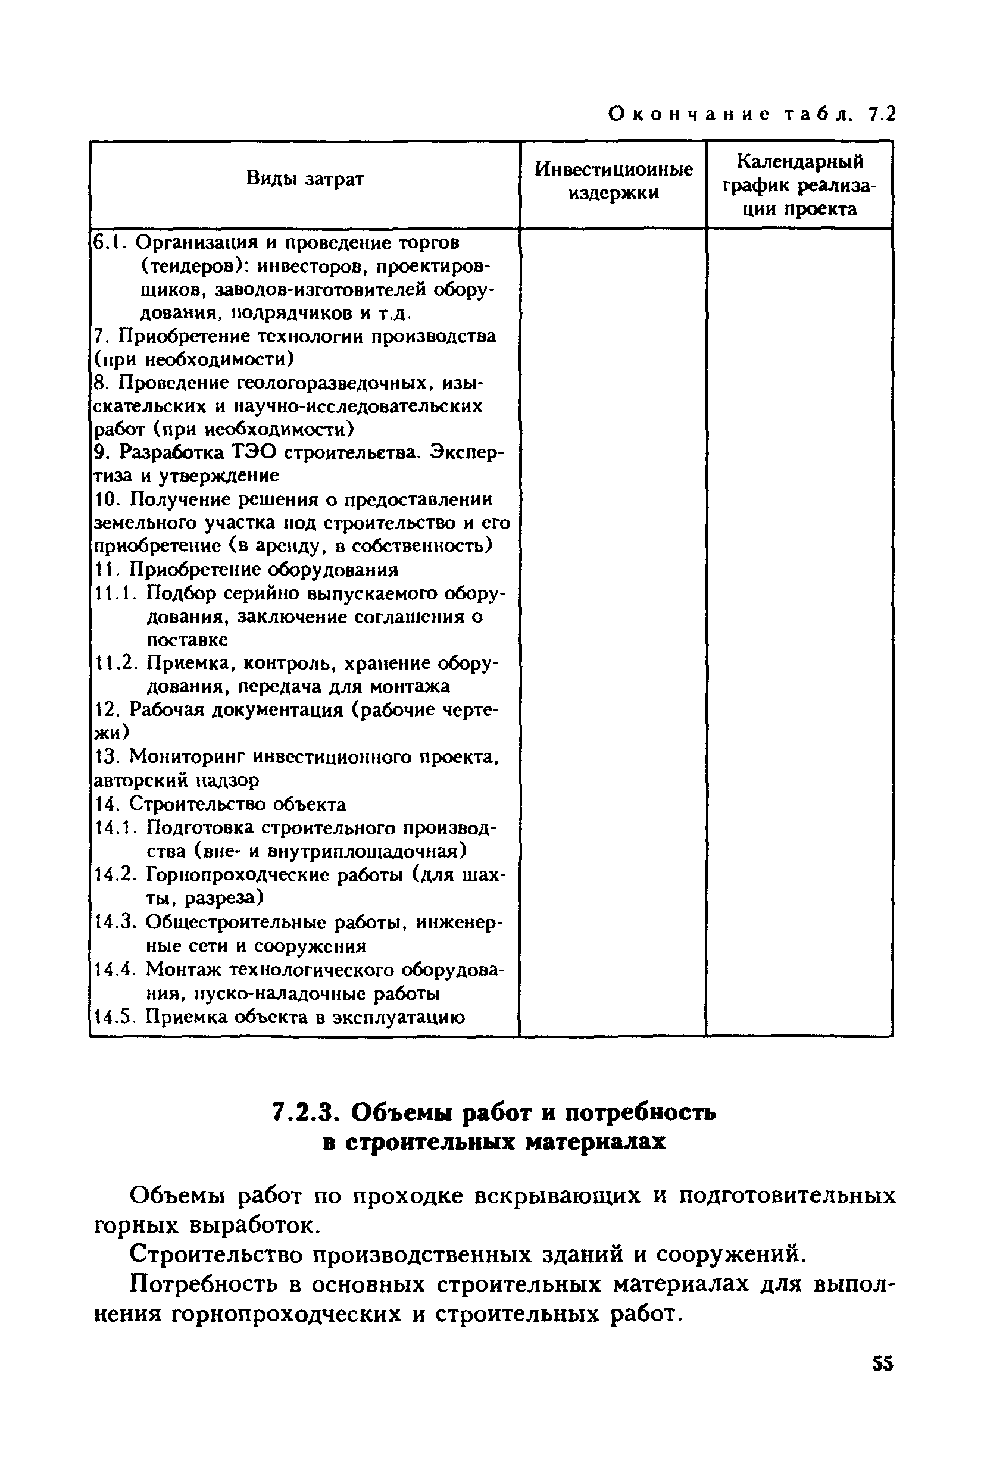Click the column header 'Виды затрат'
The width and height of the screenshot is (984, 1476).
click(x=305, y=179)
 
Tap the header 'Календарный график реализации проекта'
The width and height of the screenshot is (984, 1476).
click(x=799, y=185)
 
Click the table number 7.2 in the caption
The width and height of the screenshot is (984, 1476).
click(x=882, y=114)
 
